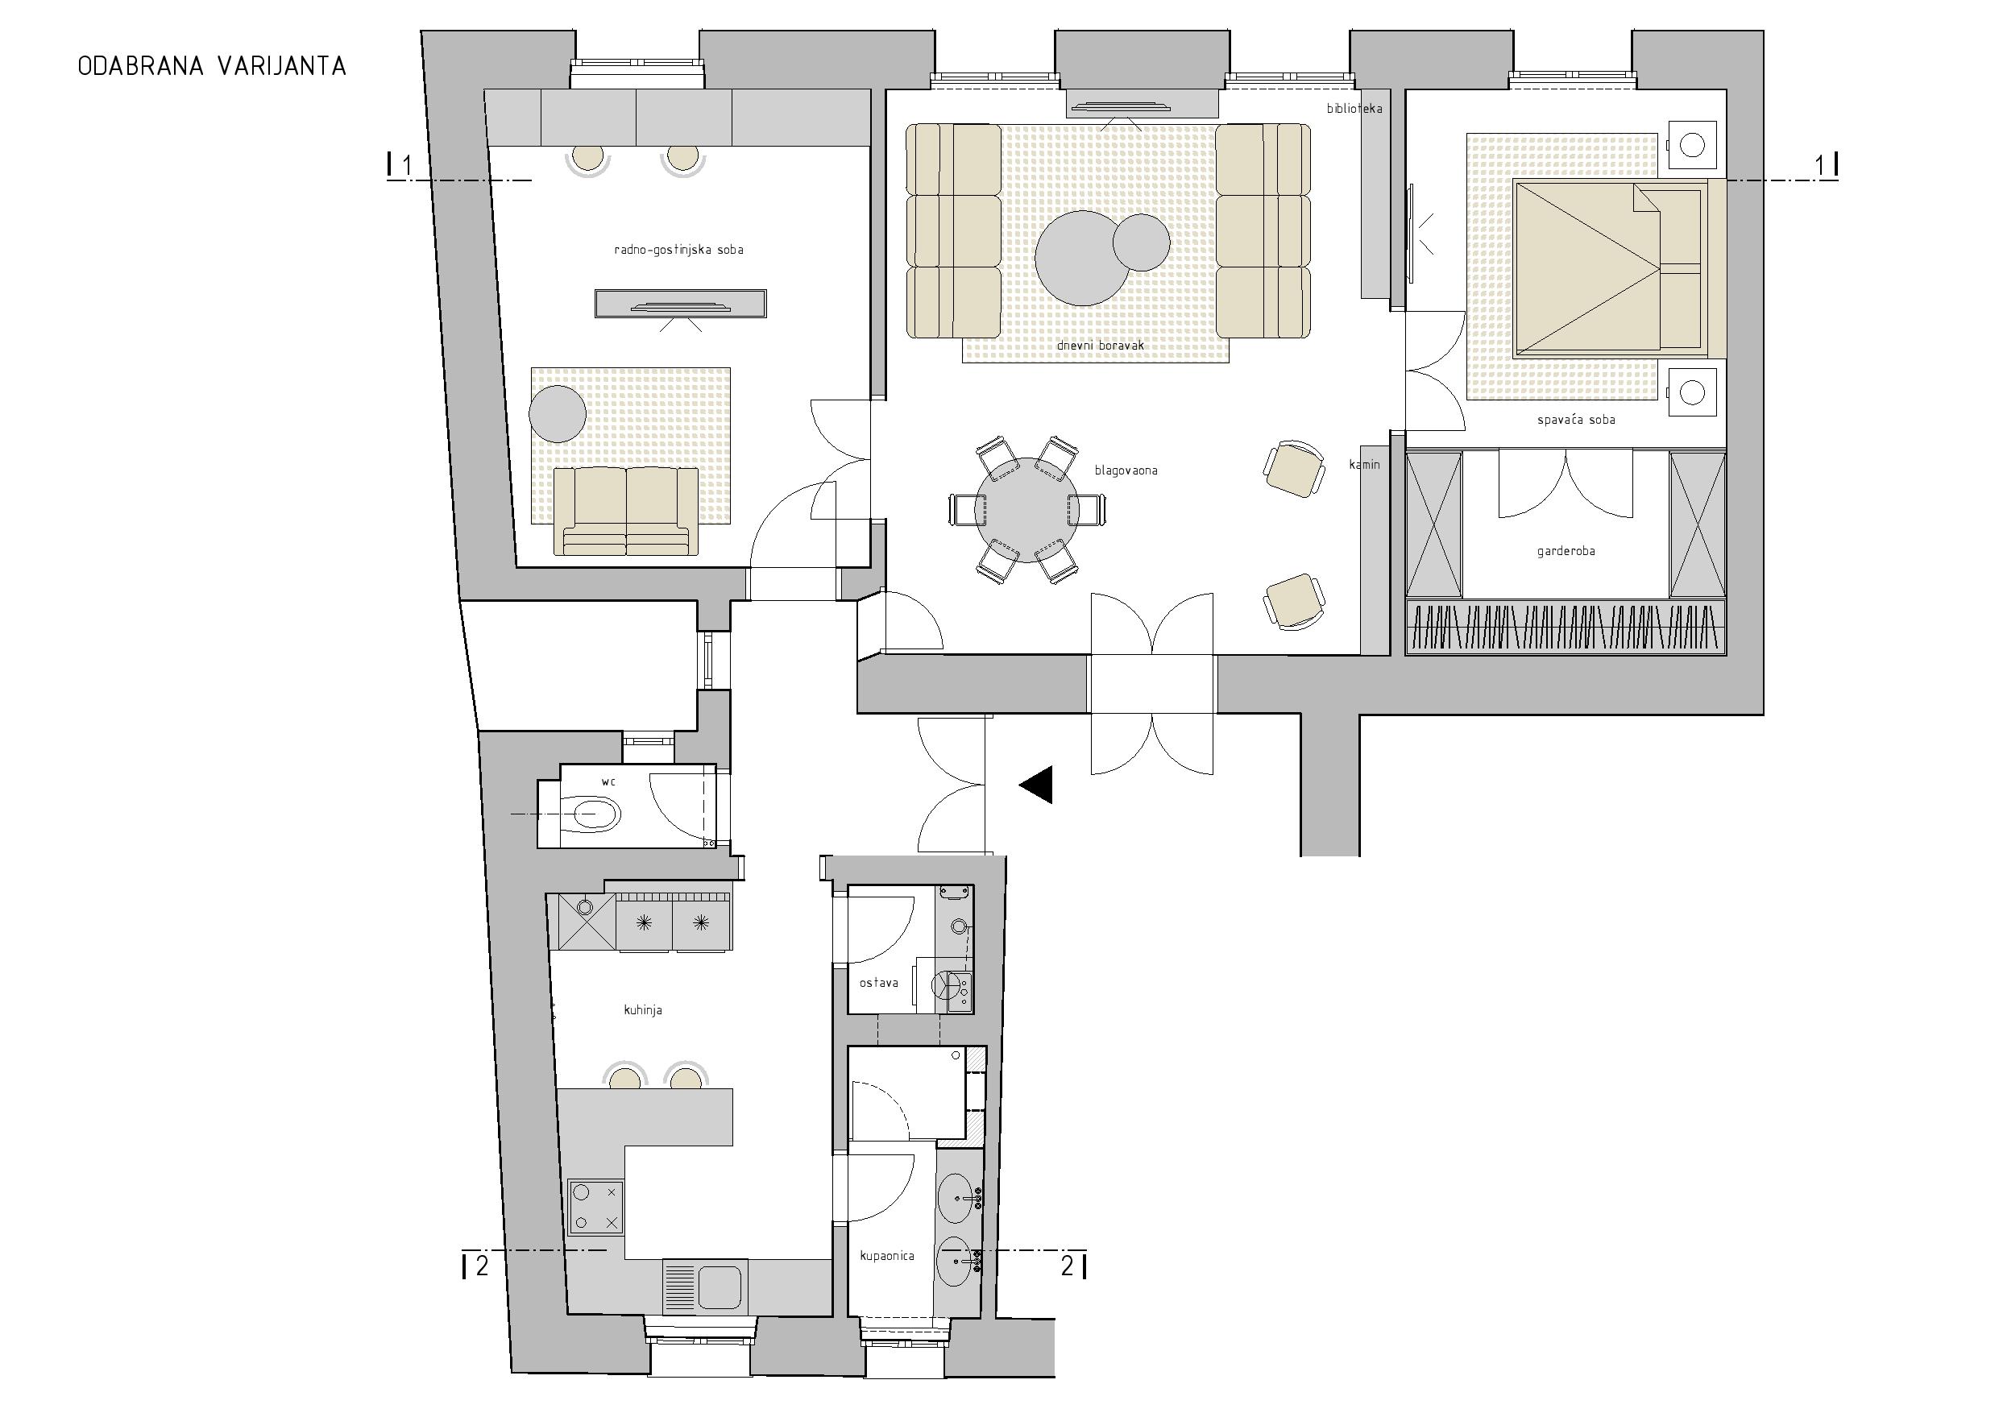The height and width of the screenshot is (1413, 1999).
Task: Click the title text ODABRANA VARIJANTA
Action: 213,67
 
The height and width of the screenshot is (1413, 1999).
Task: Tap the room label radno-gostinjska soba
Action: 679,250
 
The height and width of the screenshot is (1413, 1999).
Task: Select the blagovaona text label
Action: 1126,470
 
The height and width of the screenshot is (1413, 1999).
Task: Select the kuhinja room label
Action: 644,1010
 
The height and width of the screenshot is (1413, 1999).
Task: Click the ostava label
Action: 878,983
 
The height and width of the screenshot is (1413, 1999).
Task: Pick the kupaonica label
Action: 887,1255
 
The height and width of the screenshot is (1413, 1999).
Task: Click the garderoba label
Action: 1566,551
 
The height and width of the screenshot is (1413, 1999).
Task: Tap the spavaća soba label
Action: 1576,420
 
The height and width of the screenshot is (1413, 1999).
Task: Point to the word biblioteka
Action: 1354,109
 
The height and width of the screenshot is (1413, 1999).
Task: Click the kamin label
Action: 1364,465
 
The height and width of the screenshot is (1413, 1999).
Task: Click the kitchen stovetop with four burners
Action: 595,1207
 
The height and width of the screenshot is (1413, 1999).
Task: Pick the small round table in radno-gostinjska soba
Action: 558,412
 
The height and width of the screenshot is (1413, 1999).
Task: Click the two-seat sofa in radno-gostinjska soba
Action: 626,511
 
